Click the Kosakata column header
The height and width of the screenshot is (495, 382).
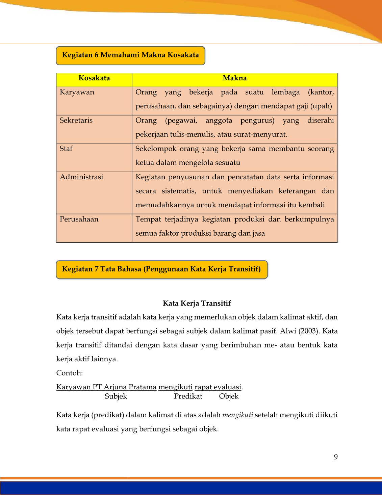94,78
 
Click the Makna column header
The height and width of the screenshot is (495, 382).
235,78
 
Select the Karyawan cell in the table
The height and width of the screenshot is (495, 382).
77,92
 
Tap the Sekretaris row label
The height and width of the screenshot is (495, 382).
76,121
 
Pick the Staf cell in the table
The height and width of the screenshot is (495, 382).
66,149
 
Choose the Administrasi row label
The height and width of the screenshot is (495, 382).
81,177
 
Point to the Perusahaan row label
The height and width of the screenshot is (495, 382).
79,219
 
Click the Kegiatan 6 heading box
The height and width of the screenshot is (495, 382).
130,55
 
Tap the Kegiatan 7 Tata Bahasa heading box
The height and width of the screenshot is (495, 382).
161,269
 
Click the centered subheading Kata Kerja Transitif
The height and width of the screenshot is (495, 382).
197,303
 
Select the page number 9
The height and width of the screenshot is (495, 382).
336,457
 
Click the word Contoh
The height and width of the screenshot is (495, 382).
69,373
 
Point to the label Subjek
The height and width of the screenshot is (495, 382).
116,396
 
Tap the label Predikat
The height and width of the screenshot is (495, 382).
188,396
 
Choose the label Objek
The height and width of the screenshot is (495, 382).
229,396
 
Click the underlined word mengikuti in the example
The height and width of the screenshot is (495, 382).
175,387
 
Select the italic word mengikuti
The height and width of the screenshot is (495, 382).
238,415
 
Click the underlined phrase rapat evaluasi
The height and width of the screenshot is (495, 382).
218,387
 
